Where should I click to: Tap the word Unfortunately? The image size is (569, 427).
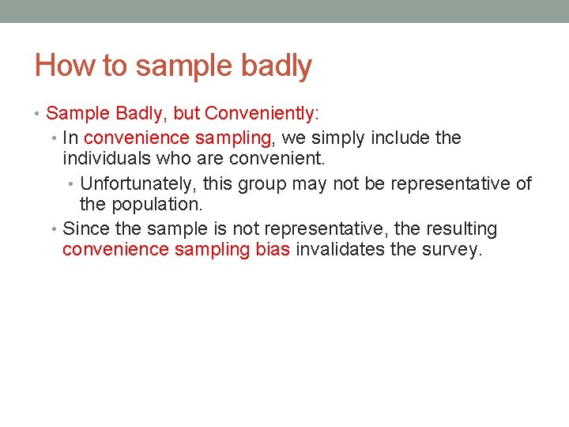coord(139,184)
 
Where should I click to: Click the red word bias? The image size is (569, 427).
coord(273,251)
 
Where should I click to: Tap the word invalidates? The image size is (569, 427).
coord(338,251)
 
